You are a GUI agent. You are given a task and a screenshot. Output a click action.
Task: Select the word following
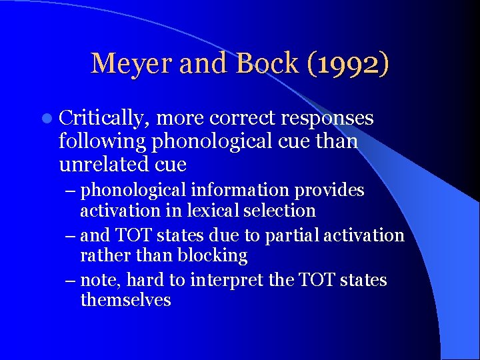(x=103, y=141)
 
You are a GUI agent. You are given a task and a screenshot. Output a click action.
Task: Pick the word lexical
(x=219, y=211)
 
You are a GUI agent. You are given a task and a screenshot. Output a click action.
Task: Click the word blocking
(x=209, y=255)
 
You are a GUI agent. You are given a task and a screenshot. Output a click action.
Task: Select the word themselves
(x=125, y=300)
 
